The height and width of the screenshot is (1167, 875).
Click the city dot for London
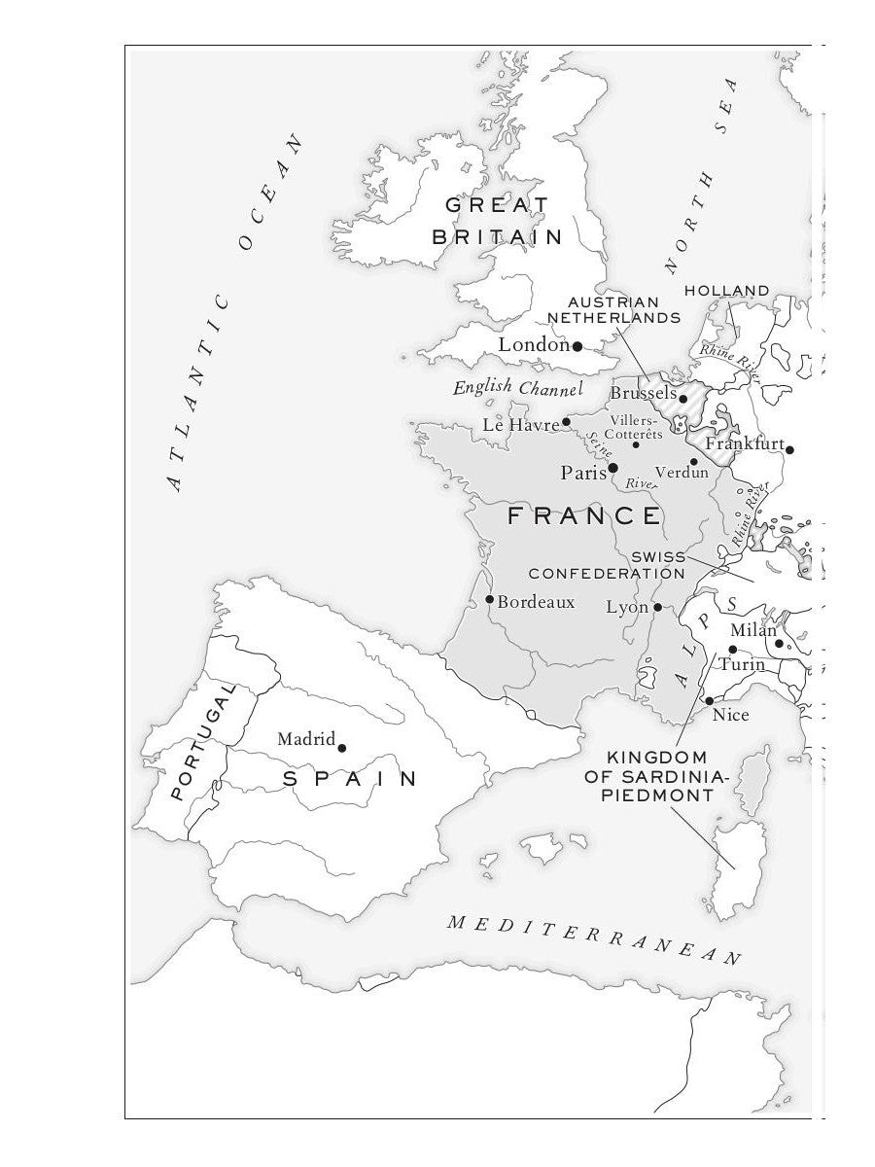click(577, 346)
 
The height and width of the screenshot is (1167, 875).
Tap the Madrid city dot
click(341, 748)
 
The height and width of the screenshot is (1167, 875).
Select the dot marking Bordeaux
click(489, 599)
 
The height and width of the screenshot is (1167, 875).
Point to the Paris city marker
click(612, 469)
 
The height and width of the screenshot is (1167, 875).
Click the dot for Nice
click(710, 701)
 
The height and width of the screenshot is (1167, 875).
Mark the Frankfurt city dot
click(789, 449)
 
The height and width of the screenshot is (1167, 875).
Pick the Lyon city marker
click(657, 607)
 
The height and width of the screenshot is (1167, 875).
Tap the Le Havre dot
click(566, 422)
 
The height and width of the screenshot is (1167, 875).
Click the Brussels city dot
click(682, 398)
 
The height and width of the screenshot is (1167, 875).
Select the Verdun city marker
click(694, 462)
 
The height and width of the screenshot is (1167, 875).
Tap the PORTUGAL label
click(203, 741)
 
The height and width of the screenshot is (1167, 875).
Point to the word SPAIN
click(350, 779)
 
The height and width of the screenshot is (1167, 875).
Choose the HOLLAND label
click(727, 291)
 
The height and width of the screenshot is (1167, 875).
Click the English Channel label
click(517, 388)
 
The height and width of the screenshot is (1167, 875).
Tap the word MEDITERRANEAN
click(594, 939)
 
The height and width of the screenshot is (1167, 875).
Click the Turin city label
click(742, 665)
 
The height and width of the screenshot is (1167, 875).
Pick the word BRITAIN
click(498, 236)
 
